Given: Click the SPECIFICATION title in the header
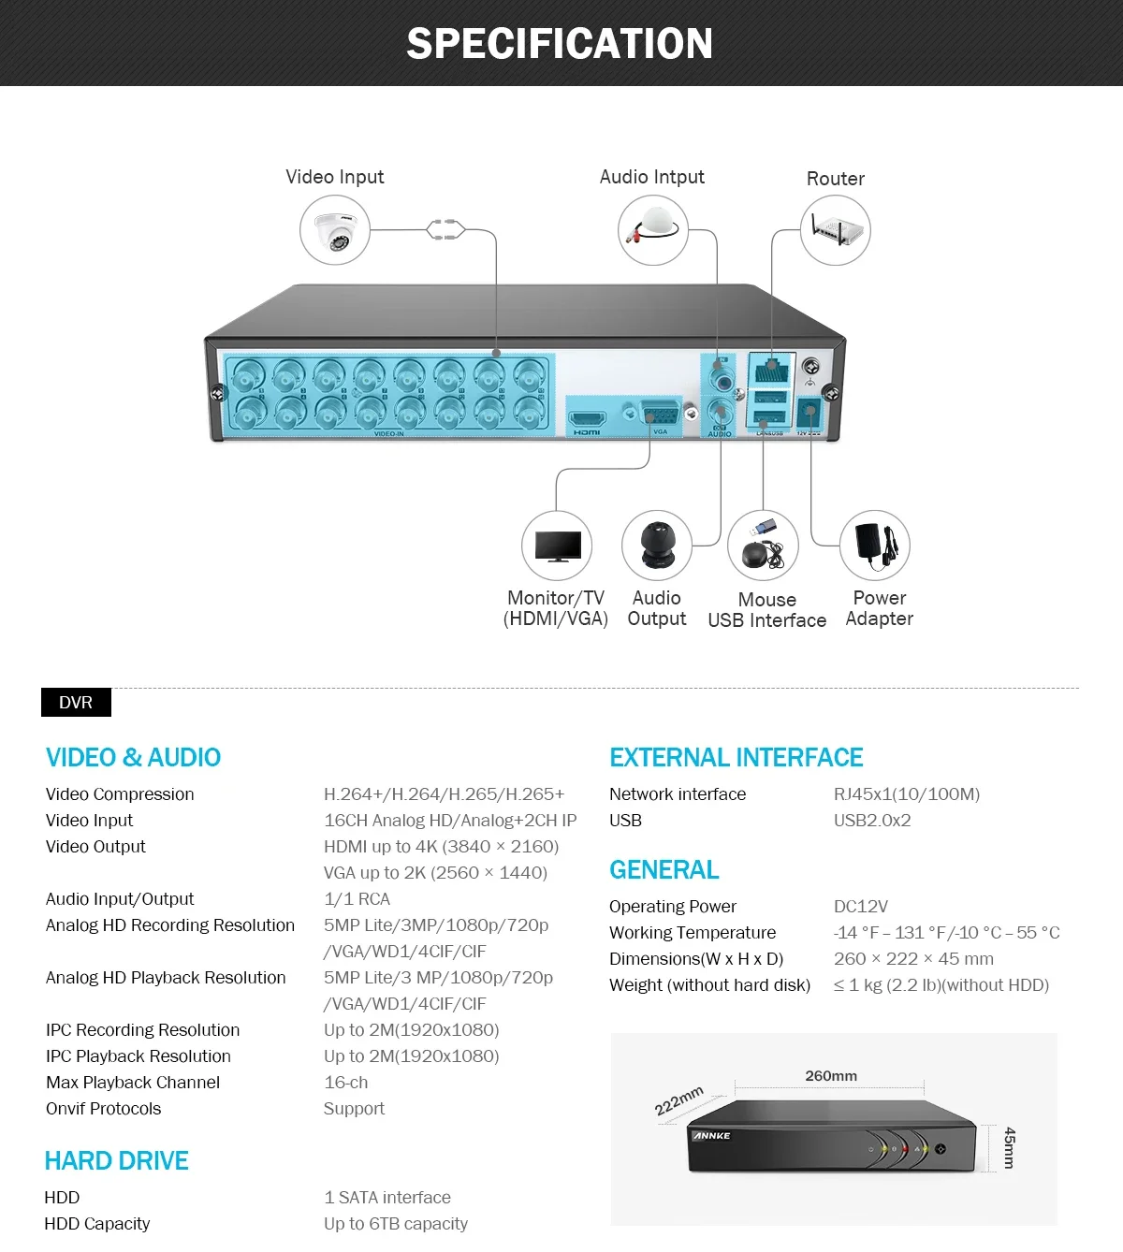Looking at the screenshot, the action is (x=560, y=44).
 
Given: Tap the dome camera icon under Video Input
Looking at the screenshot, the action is (x=334, y=231).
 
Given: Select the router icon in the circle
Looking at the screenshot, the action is (x=835, y=230).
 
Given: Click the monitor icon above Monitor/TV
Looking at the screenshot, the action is (x=557, y=546).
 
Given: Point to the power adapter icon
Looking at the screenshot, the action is (x=875, y=545).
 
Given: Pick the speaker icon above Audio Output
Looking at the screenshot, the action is (x=657, y=546).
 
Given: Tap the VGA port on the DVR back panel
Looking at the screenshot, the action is (x=660, y=414).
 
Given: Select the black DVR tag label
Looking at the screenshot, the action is (x=76, y=703).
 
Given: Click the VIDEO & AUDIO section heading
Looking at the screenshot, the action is (x=133, y=757).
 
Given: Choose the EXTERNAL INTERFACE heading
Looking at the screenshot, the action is (x=736, y=757).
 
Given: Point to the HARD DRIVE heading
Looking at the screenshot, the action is (x=116, y=1161).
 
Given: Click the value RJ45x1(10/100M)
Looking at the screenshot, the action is (x=906, y=794).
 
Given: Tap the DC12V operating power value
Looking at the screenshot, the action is (x=860, y=907).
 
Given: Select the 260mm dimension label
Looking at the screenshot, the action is (x=831, y=1076).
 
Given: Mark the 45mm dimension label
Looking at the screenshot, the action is (x=1009, y=1147).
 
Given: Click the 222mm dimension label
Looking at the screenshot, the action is (x=678, y=1101).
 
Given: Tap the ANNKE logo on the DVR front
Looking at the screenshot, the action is (x=712, y=1136).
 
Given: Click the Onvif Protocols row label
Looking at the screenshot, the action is (x=103, y=1109).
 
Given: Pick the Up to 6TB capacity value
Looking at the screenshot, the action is (x=395, y=1224).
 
